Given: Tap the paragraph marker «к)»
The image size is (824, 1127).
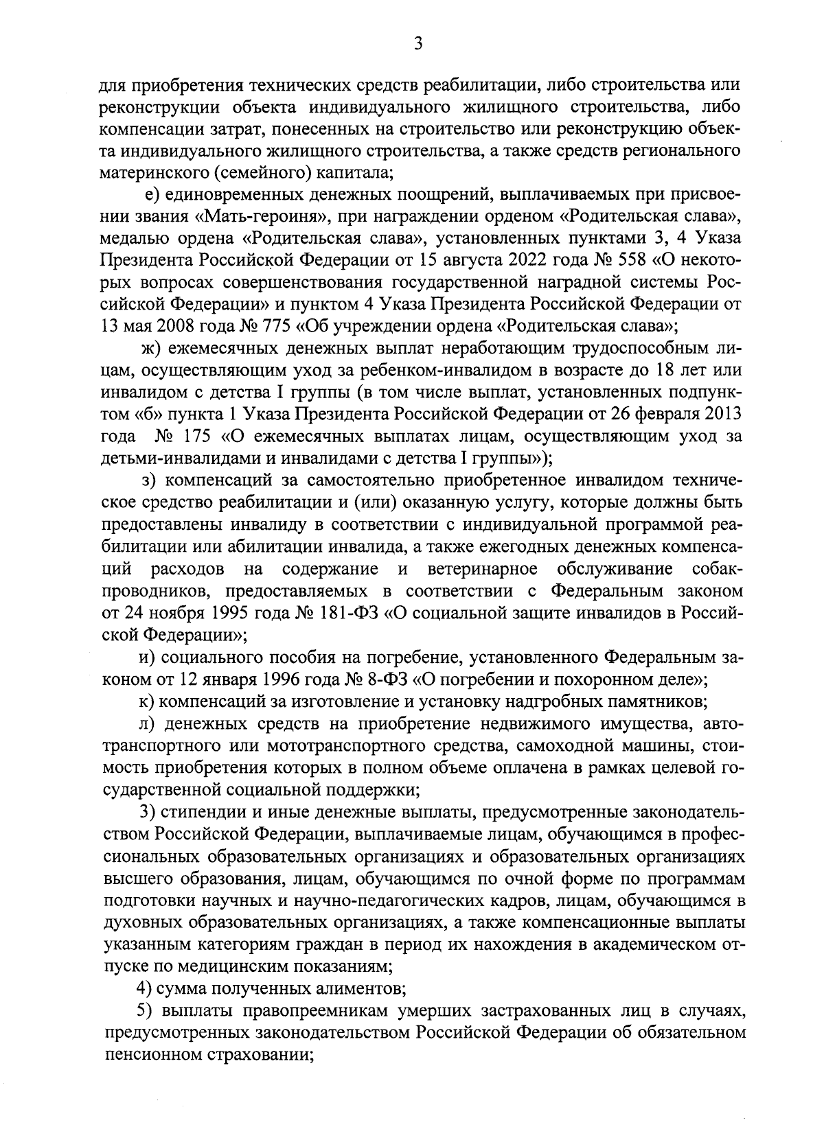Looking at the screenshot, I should pos(146,702).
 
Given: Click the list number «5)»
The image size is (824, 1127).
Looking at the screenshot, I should pos(144,1011).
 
